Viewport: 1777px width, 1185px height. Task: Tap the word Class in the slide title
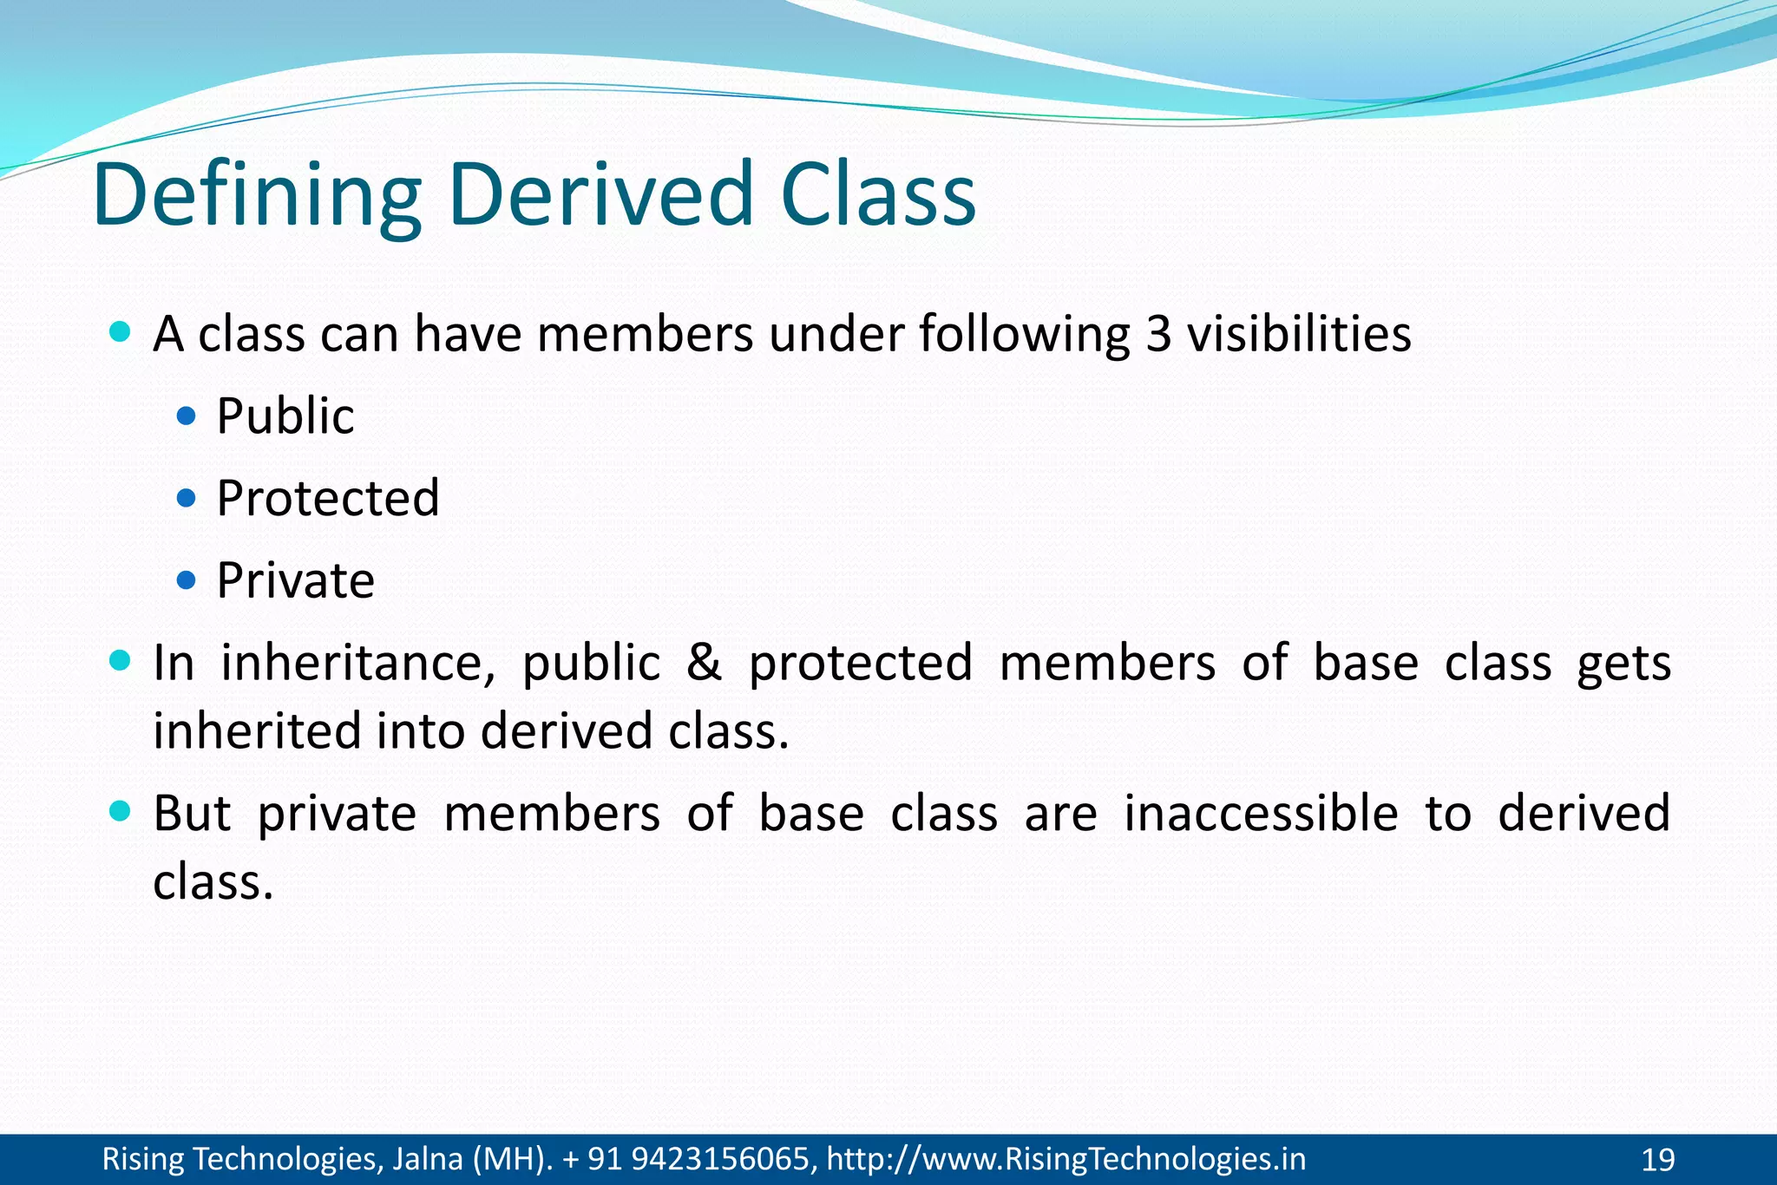(x=877, y=196)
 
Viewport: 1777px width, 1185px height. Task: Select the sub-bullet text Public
(x=285, y=416)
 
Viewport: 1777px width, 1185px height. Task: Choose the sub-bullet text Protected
(x=327, y=499)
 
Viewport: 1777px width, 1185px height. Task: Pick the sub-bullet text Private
(x=295, y=580)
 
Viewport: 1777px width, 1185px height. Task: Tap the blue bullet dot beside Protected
(x=186, y=499)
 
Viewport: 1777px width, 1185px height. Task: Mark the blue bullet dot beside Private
(x=186, y=580)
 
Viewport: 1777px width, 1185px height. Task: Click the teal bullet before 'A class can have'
(x=121, y=331)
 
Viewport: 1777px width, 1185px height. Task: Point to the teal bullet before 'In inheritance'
(x=121, y=662)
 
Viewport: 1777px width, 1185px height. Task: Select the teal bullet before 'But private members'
(x=121, y=812)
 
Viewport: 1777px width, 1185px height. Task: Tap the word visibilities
(x=1299, y=335)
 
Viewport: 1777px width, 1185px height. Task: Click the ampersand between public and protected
(x=704, y=664)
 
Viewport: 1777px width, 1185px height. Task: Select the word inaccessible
(x=1261, y=814)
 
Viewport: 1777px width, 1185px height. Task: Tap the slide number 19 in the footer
(x=1658, y=1160)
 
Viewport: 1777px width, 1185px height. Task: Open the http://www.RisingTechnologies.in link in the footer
(x=1066, y=1159)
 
